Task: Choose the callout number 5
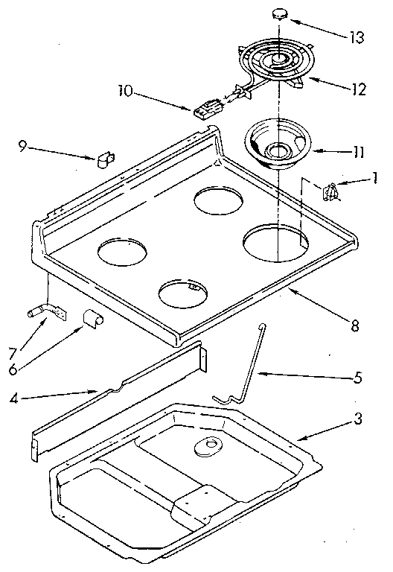[x=357, y=378]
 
